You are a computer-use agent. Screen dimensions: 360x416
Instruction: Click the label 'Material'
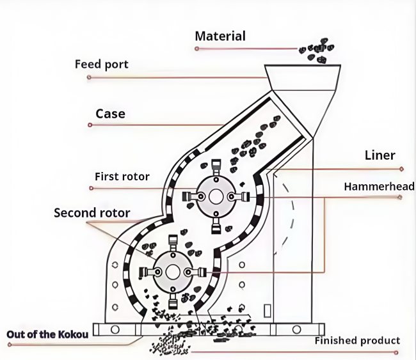[x=220, y=36]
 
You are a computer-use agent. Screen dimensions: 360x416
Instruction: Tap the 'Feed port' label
[x=102, y=65]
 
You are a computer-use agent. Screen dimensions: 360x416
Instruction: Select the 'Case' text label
[x=110, y=114]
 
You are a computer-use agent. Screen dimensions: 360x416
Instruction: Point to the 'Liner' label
[x=380, y=155]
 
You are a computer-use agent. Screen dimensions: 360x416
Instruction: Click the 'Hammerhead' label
[x=379, y=187]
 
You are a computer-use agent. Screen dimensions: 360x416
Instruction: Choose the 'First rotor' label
[x=122, y=176]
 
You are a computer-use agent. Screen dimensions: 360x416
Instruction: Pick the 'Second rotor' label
[x=92, y=213]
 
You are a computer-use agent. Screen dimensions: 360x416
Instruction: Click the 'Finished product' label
[x=357, y=340]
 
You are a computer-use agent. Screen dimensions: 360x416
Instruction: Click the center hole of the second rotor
[x=172, y=272]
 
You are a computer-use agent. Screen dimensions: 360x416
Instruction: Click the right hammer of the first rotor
[x=244, y=196]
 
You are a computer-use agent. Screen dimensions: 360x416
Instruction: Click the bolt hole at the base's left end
[x=115, y=330]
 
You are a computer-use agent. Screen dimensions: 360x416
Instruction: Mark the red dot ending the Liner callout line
[x=401, y=169]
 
